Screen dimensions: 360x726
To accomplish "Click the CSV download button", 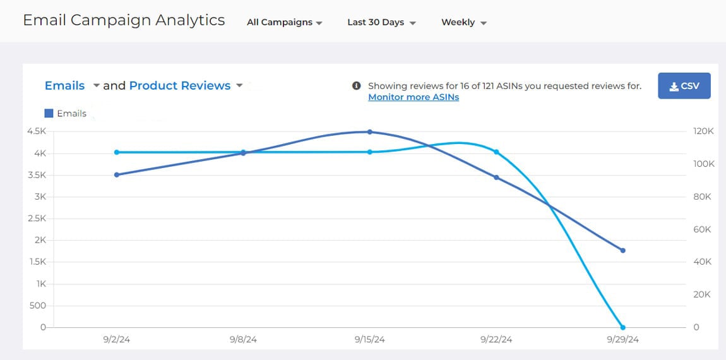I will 684,86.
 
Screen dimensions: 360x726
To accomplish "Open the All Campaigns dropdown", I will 285,22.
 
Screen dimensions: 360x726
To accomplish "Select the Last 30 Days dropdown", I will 381,22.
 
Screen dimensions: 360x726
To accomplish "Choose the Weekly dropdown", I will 463,22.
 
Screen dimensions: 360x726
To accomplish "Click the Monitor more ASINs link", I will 414,97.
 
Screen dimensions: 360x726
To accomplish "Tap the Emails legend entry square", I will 49,114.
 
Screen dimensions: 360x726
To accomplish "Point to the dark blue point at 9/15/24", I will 370,132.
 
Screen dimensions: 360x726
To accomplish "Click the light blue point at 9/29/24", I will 623,327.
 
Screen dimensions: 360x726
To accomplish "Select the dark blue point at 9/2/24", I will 117,175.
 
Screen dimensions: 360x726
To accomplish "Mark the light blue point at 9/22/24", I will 496,152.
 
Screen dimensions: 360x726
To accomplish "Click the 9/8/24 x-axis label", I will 243,340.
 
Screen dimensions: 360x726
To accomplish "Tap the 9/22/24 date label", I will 496,340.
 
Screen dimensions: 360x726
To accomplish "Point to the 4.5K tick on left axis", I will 35,131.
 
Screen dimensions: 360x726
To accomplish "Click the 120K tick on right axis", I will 703,131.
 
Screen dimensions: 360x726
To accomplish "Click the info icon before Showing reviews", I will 357,86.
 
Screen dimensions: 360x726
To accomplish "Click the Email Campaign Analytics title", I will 124,20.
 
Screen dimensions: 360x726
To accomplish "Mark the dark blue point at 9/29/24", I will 623,251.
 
